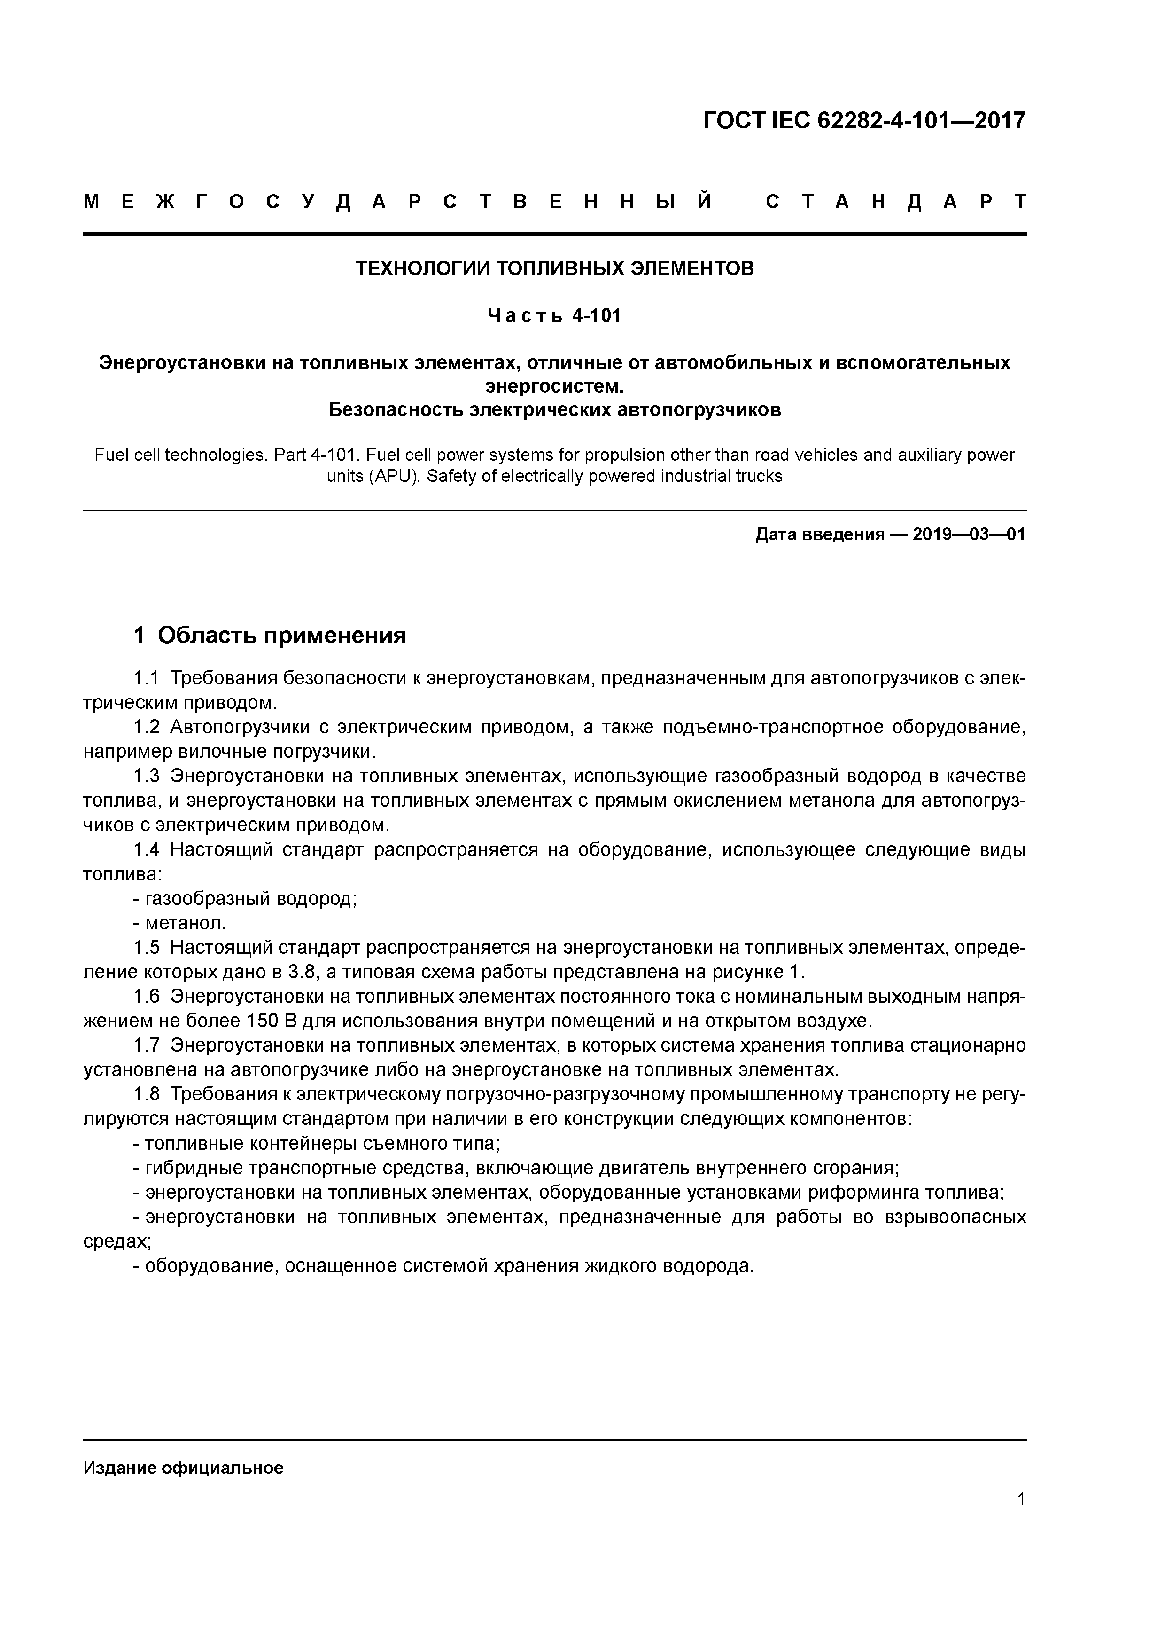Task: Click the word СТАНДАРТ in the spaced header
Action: coord(896,202)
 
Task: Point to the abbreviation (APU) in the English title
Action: coord(393,476)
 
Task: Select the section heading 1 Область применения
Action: coord(270,635)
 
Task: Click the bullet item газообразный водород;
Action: coord(246,898)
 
